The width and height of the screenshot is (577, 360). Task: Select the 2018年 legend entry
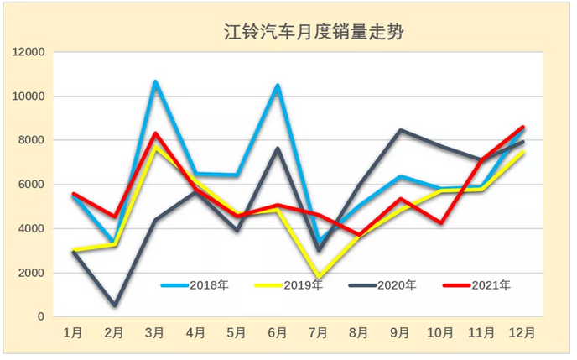point(196,285)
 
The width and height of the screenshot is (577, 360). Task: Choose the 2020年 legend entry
point(385,285)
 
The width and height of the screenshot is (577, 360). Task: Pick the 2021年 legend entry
point(478,285)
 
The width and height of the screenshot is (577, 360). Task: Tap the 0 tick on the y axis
point(39,317)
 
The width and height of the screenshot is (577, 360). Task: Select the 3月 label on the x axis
point(155,333)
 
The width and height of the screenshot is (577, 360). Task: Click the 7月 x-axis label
point(318,333)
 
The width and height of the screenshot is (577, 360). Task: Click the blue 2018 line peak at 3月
point(155,81)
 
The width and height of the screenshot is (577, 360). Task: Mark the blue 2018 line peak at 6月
point(278,85)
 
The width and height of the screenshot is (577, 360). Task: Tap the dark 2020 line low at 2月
point(115,305)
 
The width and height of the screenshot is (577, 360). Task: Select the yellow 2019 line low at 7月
point(318,277)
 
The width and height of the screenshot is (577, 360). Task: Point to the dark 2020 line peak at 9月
point(400,130)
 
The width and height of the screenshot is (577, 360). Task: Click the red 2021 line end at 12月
point(522,128)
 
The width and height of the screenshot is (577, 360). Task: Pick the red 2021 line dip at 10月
point(440,223)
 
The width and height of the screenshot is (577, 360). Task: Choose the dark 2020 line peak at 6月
point(278,149)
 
